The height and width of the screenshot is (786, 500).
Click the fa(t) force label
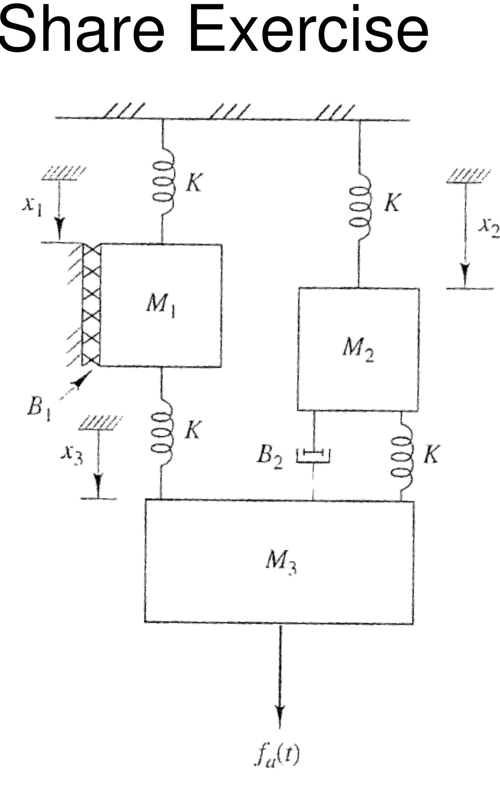tap(277, 756)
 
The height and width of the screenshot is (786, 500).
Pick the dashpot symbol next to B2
tap(313, 455)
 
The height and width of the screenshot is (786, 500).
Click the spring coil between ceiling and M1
tap(163, 181)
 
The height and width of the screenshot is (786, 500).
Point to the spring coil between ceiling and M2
tap(360, 206)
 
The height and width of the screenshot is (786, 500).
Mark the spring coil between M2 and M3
tap(402, 456)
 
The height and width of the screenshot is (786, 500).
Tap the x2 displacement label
tap(488, 227)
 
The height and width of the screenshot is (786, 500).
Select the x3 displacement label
tap(72, 456)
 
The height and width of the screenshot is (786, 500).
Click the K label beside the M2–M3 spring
tap(431, 455)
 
